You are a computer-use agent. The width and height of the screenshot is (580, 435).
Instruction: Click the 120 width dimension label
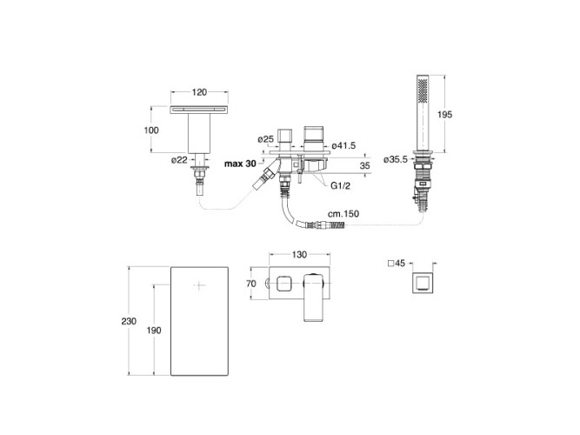point(199,92)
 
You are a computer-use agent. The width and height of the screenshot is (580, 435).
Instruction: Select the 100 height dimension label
point(151,130)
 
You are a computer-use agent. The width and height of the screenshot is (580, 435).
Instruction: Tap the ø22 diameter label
point(179,160)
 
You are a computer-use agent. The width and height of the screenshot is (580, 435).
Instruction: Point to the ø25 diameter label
point(265,139)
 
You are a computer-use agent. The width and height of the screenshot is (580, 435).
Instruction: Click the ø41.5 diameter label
point(343,145)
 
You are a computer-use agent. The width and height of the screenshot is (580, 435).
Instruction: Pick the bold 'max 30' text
point(240,164)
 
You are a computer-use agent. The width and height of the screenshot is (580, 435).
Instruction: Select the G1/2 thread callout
point(340,186)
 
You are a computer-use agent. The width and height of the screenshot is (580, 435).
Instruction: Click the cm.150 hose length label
point(343,214)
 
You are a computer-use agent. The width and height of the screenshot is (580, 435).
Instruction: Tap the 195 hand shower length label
point(444,114)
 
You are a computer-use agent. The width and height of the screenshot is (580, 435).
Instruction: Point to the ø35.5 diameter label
point(396,159)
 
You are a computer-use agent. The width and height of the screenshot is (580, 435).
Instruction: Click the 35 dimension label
point(364,165)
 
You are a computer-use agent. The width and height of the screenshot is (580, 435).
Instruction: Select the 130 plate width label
point(299,254)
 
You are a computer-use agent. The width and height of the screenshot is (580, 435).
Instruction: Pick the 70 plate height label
point(250,284)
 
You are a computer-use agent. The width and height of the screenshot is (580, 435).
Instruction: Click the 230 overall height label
point(129,321)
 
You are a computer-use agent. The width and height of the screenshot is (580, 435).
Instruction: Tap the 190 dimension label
point(154,331)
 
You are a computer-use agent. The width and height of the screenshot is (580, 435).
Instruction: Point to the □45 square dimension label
point(397,264)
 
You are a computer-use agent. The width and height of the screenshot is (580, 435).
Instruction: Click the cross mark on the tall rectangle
point(199,285)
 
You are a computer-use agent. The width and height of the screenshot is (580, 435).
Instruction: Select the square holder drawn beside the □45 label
point(423,283)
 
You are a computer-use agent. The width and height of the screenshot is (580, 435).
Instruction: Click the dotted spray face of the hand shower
point(423,90)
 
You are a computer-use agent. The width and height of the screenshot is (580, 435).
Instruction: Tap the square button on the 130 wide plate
point(284,284)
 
